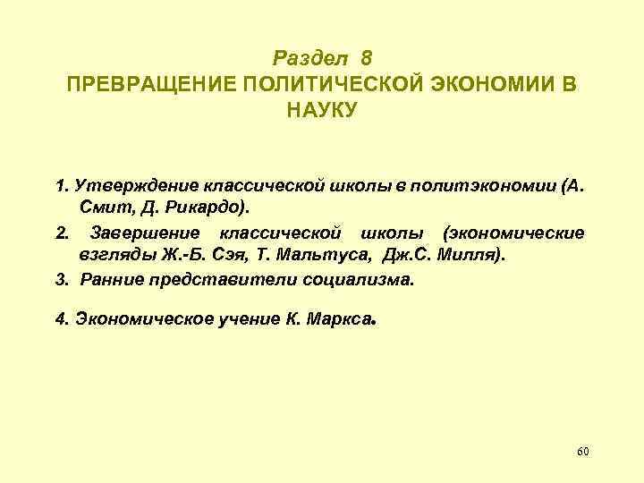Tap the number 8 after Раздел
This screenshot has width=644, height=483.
366,58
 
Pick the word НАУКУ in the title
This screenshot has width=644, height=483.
321,110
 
